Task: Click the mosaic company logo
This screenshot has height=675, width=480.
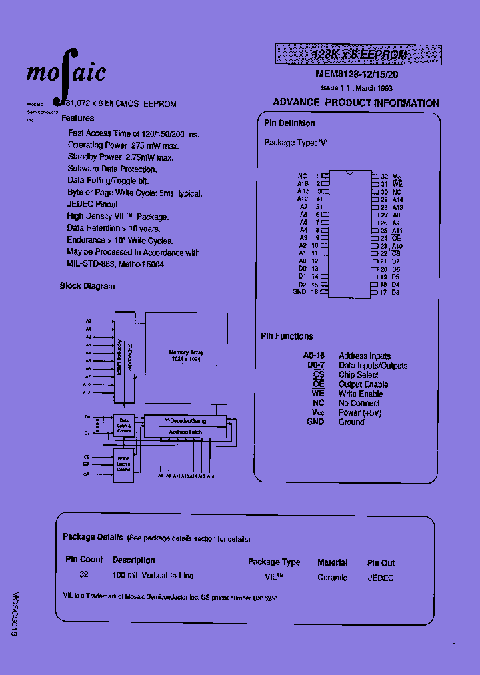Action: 66,71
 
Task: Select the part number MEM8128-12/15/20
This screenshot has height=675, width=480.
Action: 357,75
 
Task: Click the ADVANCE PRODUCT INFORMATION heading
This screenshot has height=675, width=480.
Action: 356,103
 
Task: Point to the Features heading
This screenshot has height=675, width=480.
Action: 77,118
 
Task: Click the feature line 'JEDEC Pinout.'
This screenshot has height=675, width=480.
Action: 93,205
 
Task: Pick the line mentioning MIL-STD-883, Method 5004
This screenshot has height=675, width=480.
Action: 116,265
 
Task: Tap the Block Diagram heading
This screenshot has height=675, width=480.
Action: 87,286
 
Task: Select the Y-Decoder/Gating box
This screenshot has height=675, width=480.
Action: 185,421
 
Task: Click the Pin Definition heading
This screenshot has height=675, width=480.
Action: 289,123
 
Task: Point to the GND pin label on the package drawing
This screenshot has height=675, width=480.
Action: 299,292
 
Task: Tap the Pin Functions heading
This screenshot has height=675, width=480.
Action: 287,337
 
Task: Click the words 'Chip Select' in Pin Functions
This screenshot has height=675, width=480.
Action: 358,375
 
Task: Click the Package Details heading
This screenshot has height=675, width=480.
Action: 93,537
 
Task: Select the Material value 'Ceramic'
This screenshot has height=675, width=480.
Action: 332,578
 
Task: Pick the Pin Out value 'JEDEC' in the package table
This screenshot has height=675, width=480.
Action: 380,578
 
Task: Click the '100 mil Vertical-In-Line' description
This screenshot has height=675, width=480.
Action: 153,575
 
